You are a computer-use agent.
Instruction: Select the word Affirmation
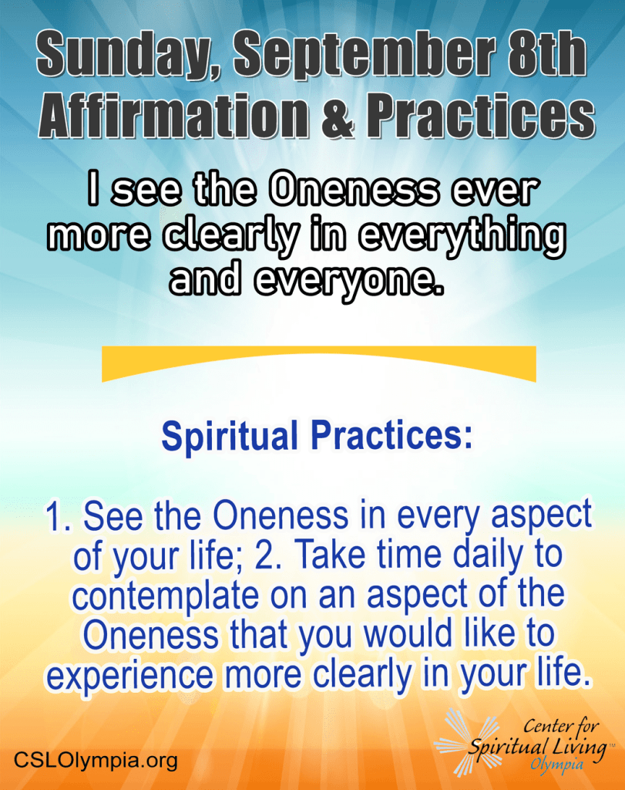tap(173, 116)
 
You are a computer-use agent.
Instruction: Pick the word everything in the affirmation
tap(463, 238)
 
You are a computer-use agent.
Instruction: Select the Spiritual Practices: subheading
tap(317, 437)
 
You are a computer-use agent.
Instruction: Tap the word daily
tap(488, 556)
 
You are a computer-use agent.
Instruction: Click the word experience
tap(129, 676)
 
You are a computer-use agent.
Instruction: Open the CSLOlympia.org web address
tap(96, 760)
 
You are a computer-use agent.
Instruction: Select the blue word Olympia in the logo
tap(556, 765)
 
